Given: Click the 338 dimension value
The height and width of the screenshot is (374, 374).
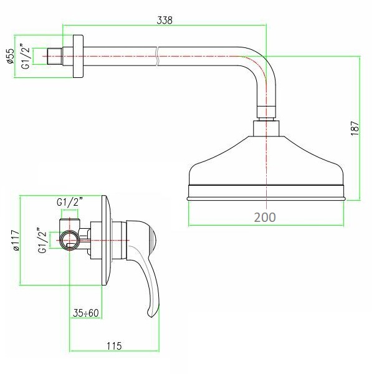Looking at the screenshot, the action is pos(165,20).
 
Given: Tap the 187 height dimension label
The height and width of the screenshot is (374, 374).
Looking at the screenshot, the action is pos(355,128).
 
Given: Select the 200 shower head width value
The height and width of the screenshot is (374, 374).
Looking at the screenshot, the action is pos(265,217).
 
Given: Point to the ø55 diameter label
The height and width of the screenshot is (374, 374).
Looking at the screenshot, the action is pos(11,56).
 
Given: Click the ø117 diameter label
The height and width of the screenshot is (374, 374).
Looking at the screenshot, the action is pos(16,240).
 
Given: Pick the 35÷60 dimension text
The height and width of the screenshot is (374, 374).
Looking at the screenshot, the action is pos(85,313).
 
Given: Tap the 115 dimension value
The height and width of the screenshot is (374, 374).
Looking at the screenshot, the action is pos(114,345).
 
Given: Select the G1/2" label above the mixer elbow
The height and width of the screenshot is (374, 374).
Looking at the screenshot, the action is pos(70,202).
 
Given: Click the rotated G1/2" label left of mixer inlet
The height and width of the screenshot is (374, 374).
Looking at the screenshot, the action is pos(42,241).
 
